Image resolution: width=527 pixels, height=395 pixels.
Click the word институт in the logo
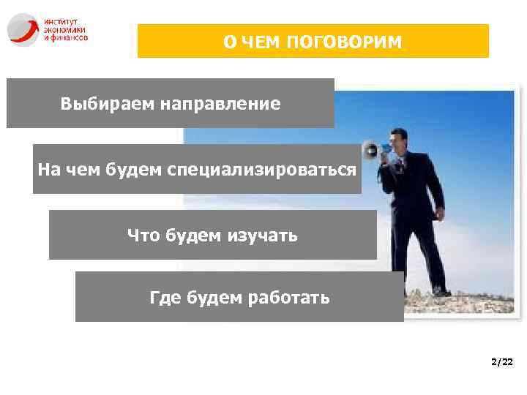point(61,22)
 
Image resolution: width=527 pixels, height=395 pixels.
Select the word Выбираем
point(97,104)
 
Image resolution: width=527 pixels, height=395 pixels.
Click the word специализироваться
point(262,170)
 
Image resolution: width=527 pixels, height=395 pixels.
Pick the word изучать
point(266,235)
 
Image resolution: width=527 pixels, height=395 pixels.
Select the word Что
point(144,235)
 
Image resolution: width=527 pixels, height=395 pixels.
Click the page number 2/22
point(503,362)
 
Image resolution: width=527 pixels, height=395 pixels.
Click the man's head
point(399,137)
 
